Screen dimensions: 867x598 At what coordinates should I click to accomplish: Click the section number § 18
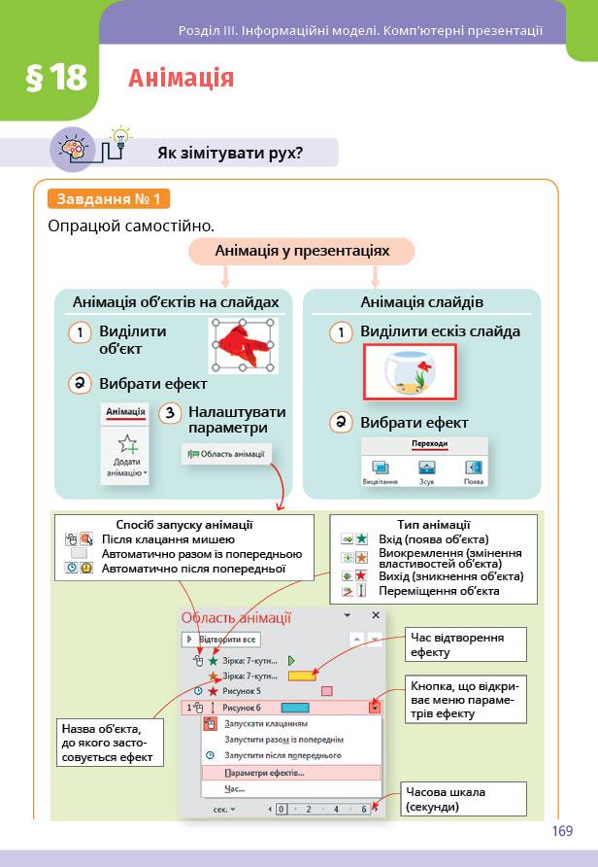55,78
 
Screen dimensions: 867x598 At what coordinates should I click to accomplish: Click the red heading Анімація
181,78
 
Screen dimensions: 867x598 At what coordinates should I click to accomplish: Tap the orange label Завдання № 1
109,199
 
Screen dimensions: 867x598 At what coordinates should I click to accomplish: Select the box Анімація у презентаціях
302,252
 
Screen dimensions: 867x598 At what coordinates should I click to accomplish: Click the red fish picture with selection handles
243,346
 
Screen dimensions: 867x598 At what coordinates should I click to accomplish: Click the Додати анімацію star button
125,452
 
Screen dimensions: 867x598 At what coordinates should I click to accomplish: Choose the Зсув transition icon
426,470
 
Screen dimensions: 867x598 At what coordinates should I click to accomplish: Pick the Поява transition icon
473,470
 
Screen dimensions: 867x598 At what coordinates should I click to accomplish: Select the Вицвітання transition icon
380,470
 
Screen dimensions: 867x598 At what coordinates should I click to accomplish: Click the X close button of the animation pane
376,615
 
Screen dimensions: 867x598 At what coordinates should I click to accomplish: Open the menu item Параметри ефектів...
264,773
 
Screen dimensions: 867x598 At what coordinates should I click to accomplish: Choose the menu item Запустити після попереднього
282,755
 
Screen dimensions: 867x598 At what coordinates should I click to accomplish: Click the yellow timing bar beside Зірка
302,675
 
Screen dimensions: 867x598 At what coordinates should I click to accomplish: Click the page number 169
561,831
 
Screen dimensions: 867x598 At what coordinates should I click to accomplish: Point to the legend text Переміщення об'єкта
440,590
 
